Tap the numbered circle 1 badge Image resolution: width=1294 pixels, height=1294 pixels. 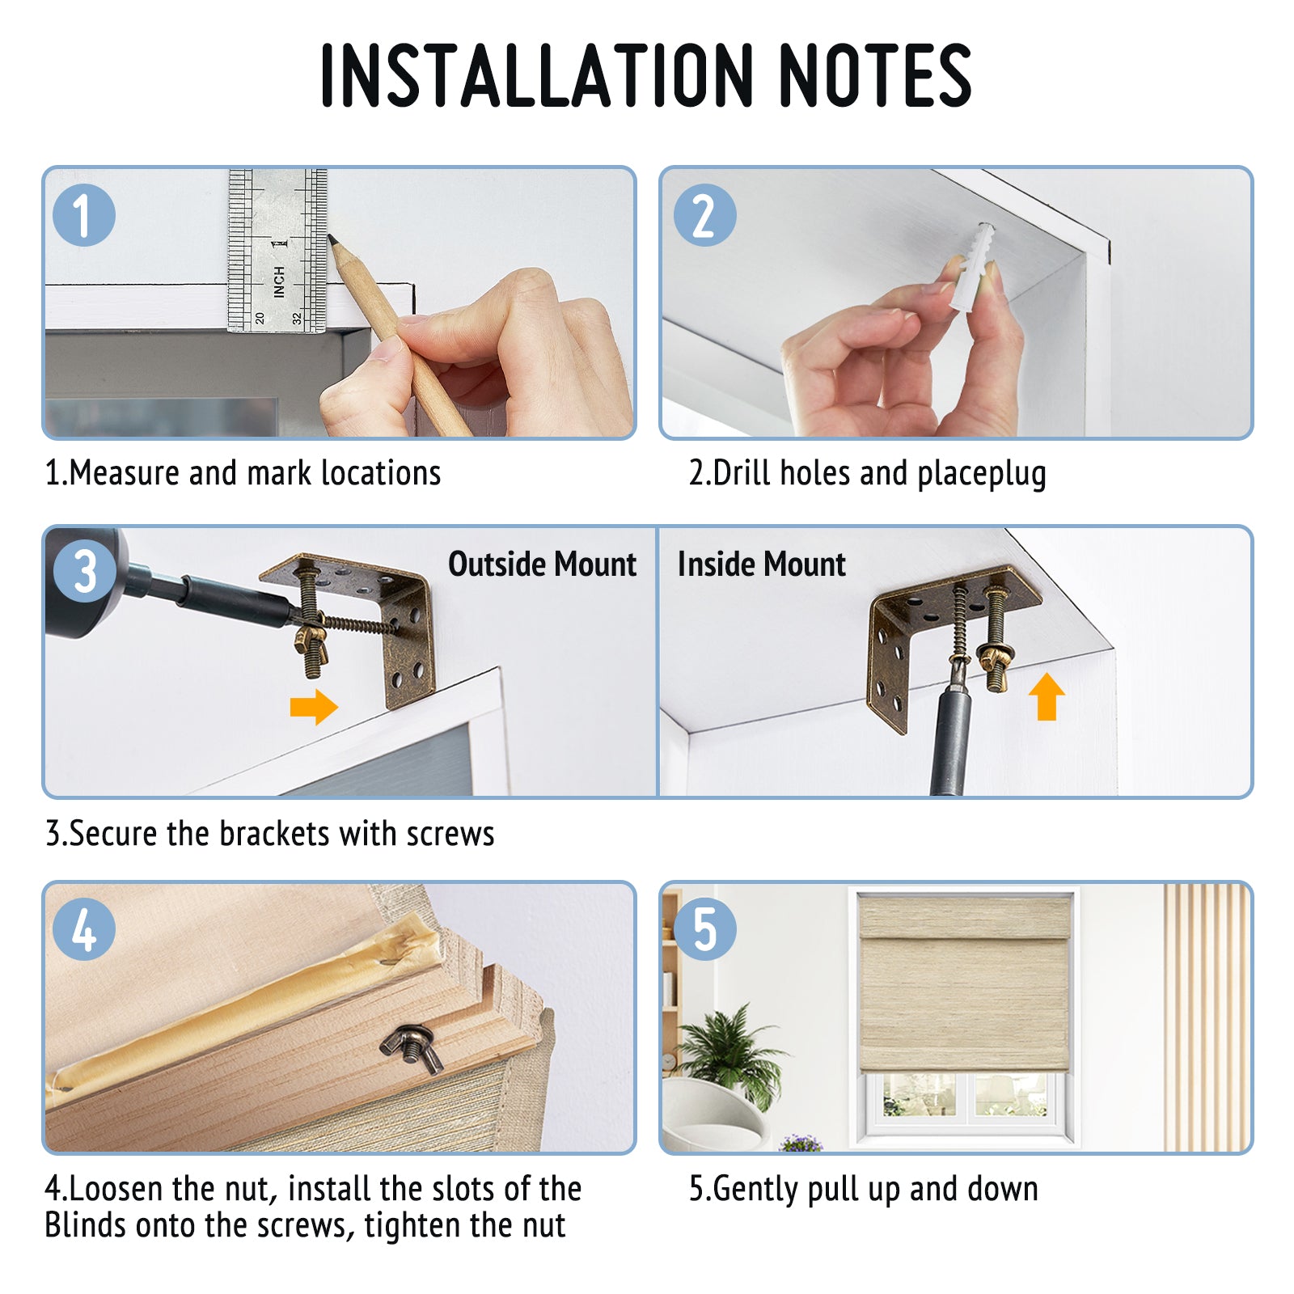[x=84, y=215]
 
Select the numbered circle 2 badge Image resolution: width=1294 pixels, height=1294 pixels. [x=704, y=215]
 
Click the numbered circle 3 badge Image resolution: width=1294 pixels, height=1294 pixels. [x=84, y=572]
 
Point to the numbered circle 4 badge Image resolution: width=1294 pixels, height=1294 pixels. [x=84, y=929]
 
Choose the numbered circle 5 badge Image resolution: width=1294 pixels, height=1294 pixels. [x=704, y=929]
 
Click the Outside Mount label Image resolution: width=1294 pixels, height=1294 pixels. [x=543, y=565]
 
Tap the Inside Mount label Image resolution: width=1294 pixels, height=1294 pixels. [x=762, y=565]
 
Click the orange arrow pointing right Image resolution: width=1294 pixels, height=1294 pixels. [x=314, y=707]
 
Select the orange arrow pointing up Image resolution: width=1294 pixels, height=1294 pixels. [x=1047, y=696]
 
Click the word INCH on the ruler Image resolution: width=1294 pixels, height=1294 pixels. [x=279, y=281]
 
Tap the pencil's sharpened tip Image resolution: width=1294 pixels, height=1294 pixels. [x=331, y=239]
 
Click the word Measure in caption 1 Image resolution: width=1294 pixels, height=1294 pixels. [x=125, y=473]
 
